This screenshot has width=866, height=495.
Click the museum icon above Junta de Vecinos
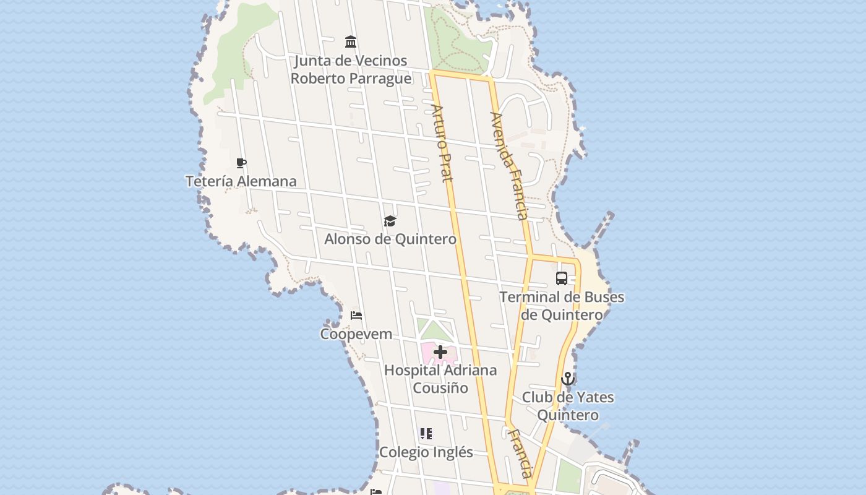tap(351, 42)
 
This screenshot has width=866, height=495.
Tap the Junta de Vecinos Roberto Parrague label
tap(351, 69)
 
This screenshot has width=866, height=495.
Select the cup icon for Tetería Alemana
tap(241, 163)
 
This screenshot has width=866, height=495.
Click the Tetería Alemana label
tap(241, 181)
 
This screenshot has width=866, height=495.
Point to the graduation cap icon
tap(390, 221)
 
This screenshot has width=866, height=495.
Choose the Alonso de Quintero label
tap(390, 239)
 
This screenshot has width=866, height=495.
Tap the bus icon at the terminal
tap(562, 278)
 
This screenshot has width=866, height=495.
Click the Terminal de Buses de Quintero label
tap(562, 306)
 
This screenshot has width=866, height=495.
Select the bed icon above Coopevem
tap(356, 316)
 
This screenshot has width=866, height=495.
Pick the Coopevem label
tap(356, 334)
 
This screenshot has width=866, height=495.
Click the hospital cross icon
tap(440, 352)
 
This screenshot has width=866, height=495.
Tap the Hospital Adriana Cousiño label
tap(440, 379)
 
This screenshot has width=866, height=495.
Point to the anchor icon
tap(568, 379)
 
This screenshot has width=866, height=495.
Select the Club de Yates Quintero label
tap(568, 406)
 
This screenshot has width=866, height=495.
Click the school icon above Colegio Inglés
tap(426, 434)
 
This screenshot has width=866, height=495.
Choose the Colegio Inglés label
tap(426, 452)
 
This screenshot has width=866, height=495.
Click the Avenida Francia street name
tap(510, 165)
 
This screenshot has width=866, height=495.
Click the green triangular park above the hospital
tap(433, 330)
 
